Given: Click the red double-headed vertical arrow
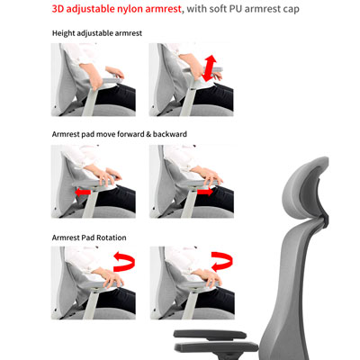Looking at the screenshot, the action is [x=209, y=68].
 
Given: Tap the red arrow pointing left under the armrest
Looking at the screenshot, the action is [x=83, y=192].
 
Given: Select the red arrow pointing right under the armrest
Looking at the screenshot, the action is [x=205, y=192].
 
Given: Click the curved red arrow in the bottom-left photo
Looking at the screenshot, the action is [x=124, y=262].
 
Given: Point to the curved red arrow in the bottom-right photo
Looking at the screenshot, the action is [x=222, y=261].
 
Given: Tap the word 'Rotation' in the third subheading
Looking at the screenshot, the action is [x=112, y=238].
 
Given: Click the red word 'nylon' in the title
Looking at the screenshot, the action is [x=131, y=9].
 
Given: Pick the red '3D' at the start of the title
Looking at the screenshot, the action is [x=58, y=8].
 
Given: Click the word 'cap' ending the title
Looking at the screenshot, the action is [x=292, y=9].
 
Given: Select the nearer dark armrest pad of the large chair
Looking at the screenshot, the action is [x=216, y=347].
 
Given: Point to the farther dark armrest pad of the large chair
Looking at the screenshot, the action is [x=210, y=334].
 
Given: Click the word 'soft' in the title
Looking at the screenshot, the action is [x=218, y=8].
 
